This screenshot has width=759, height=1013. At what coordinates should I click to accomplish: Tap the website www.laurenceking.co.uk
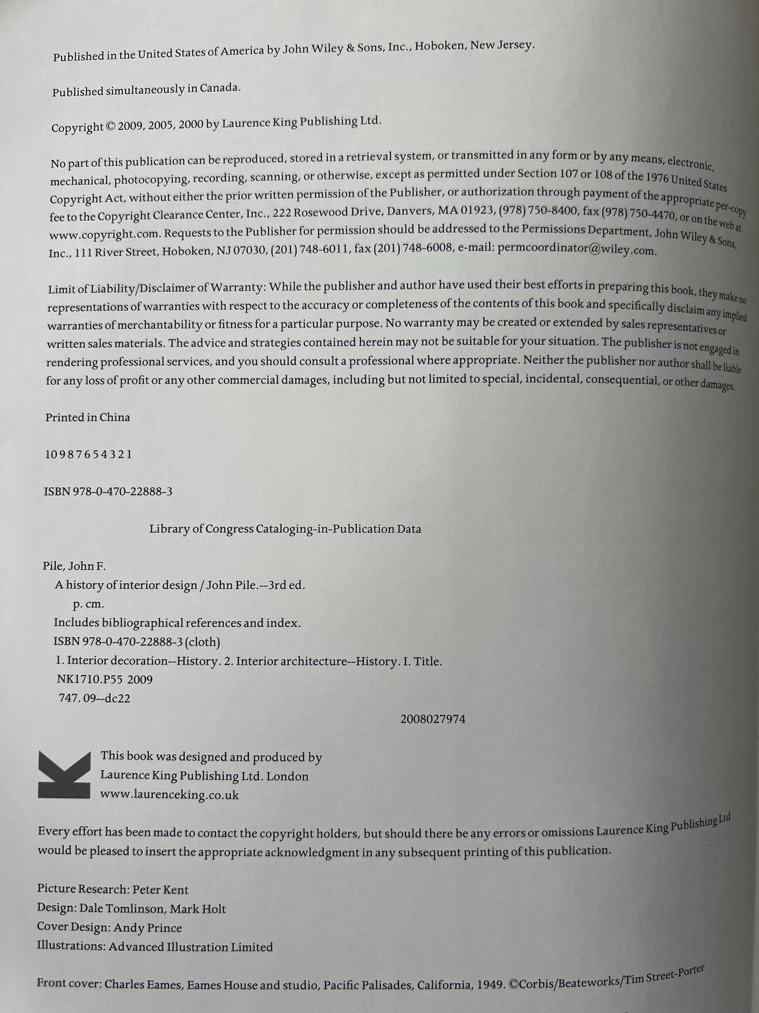[x=170, y=794]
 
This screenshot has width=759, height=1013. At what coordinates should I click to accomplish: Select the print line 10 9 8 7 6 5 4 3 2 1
[x=88, y=454]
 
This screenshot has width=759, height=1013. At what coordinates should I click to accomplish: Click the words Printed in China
[x=88, y=417]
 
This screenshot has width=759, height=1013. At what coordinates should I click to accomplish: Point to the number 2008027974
[x=432, y=719]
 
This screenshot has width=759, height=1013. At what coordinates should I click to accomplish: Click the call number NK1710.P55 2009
[x=105, y=679]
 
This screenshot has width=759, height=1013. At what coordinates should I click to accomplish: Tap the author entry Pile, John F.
[x=74, y=566]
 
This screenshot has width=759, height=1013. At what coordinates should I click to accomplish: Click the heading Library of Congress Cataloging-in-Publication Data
[x=285, y=529]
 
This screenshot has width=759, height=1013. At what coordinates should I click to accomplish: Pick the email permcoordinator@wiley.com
[x=577, y=250]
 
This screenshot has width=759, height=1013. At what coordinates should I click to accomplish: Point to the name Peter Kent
[x=160, y=889]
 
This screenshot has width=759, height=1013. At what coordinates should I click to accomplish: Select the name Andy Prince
[x=148, y=928]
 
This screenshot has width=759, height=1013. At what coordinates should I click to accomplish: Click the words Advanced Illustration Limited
[x=191, y=947]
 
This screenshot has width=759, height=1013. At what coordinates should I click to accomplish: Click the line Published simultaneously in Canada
[x=146, y=89]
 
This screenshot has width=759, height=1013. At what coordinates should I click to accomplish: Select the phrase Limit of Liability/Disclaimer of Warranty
[x=155, y=289]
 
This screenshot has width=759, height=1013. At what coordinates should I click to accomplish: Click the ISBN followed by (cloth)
[x=137, y=641]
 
